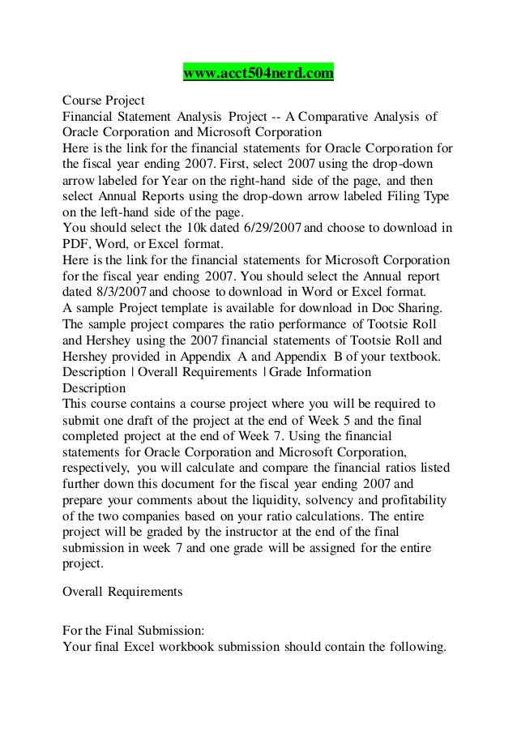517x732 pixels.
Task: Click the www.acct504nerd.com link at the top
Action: (x=258, y=75)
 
